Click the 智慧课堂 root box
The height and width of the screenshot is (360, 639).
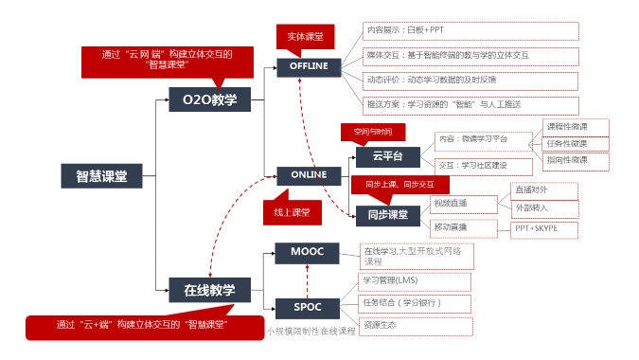coord(101,175)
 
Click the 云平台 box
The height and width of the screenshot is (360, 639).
coord(387,157)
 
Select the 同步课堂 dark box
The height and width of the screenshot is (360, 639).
coord(387,215)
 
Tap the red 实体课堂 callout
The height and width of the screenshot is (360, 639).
coord(305,36)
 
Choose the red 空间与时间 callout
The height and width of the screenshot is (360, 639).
coord(372,131)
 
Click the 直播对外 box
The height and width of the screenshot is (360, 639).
coord(542,189)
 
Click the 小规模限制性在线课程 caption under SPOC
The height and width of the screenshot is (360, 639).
coord(310,331)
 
